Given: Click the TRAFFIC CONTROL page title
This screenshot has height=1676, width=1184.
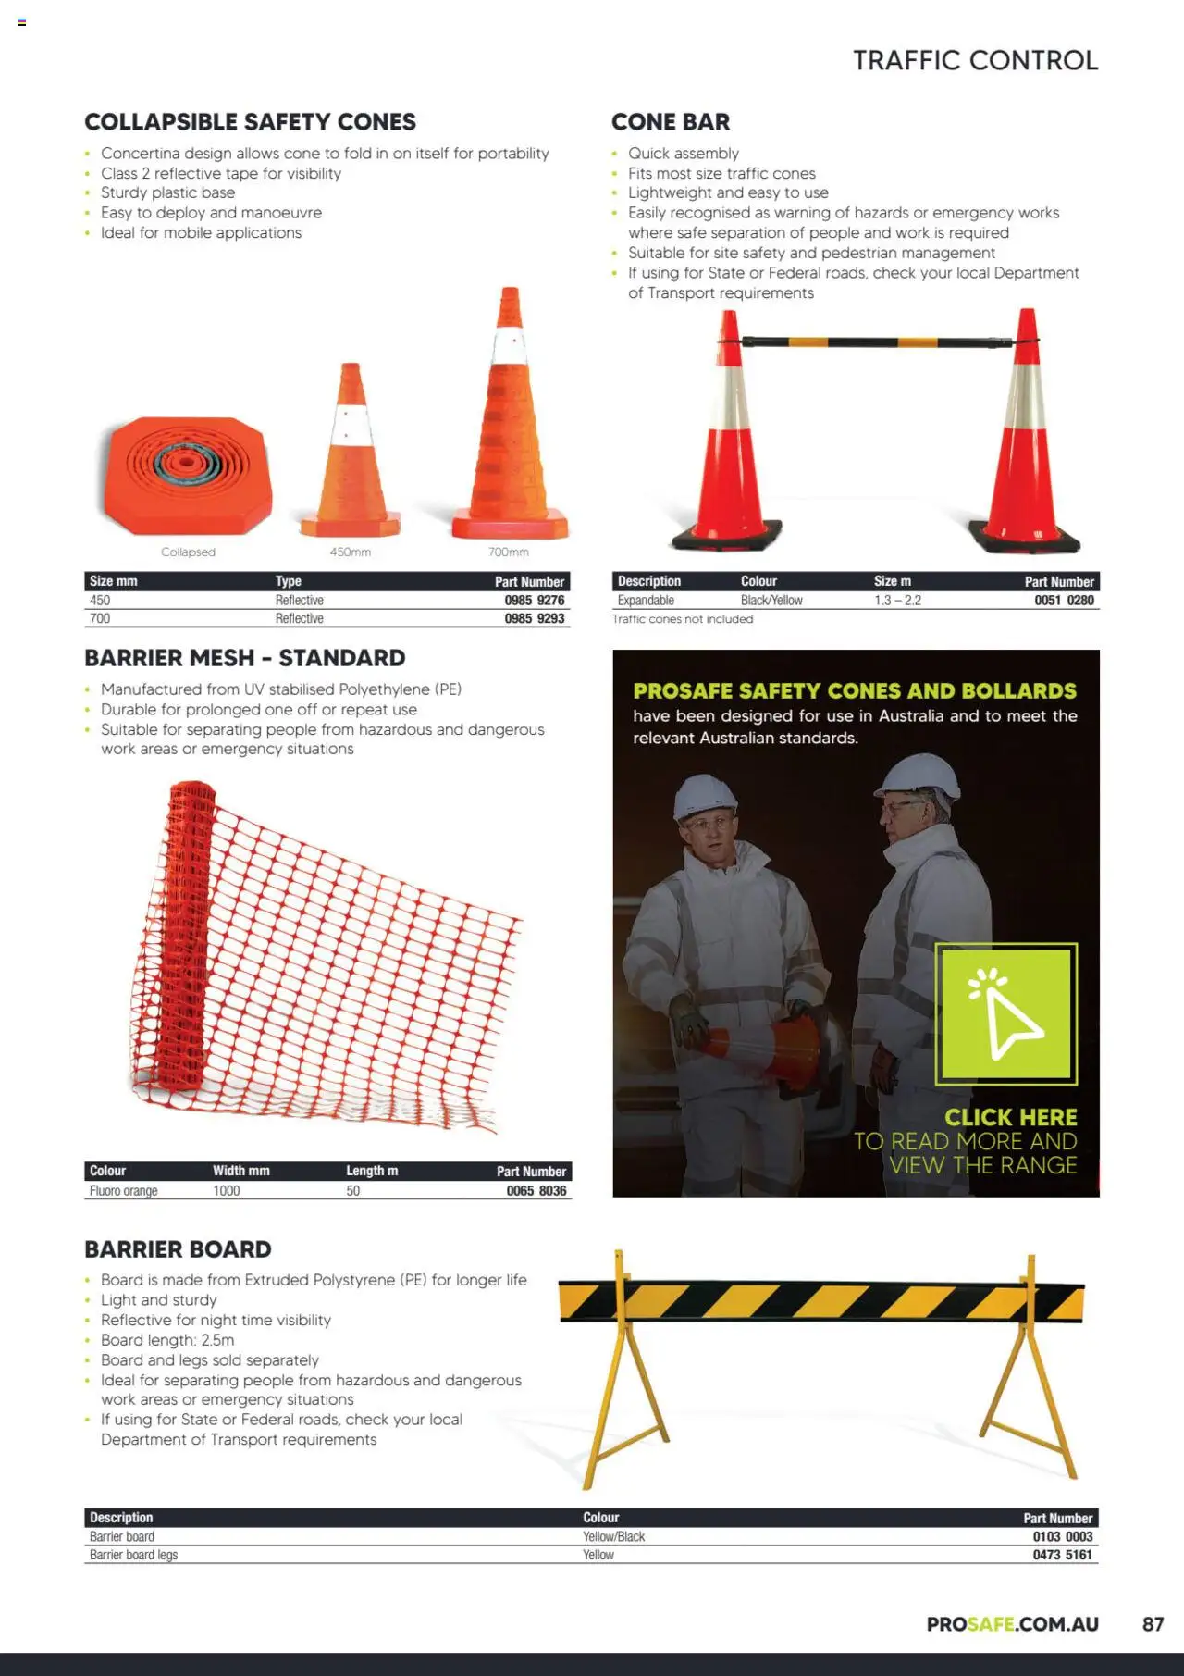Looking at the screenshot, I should coord(975,61).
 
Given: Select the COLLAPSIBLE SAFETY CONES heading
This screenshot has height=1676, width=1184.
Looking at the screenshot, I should coord(250,122).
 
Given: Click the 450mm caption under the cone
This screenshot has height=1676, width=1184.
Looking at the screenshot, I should coord(350,552).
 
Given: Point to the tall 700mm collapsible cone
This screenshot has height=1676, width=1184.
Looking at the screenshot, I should coord(509,426).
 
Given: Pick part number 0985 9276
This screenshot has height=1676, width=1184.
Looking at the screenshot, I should coord(534,601).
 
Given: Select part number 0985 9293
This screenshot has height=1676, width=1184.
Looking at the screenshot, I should coord(534,619).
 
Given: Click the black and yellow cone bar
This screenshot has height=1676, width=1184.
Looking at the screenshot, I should coord(879,342).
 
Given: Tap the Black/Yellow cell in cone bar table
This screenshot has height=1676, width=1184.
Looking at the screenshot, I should coord(771,601).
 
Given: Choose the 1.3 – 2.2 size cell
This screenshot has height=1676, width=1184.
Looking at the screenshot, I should coord(897,601).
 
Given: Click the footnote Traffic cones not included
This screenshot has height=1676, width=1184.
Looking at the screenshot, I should coord(683,619).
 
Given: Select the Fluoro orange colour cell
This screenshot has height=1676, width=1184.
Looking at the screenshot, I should coord(123,1191).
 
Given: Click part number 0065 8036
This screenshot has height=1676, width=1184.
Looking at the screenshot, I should coord(536,1191).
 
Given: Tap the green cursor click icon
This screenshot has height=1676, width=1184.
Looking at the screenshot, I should coord(1005,1014).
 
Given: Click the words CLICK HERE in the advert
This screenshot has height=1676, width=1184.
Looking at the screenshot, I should coord(1010,1117).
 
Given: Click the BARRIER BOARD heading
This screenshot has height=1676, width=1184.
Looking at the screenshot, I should coord(178,1249).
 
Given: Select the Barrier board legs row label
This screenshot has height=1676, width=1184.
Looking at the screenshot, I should coord(133,1555).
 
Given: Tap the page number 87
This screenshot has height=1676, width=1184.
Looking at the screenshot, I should coord(1153,1624).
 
